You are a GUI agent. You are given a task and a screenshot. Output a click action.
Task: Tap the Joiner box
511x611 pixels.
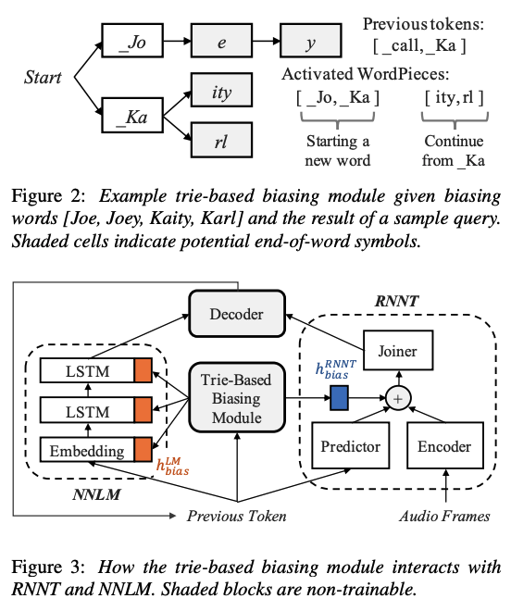tap(397, 350)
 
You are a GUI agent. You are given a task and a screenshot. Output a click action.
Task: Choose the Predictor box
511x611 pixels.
tap(349, 446)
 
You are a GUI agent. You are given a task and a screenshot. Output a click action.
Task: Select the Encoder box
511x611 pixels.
tap(443, 446)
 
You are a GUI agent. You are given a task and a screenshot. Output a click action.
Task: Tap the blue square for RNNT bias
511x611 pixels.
tap(340, 398)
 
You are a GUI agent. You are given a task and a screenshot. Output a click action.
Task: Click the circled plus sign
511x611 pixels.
tap(398, 398)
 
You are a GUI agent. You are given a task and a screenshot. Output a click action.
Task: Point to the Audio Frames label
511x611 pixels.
tap(443, 516)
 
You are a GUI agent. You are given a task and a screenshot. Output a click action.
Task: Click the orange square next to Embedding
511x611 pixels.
tap(142, 450)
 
